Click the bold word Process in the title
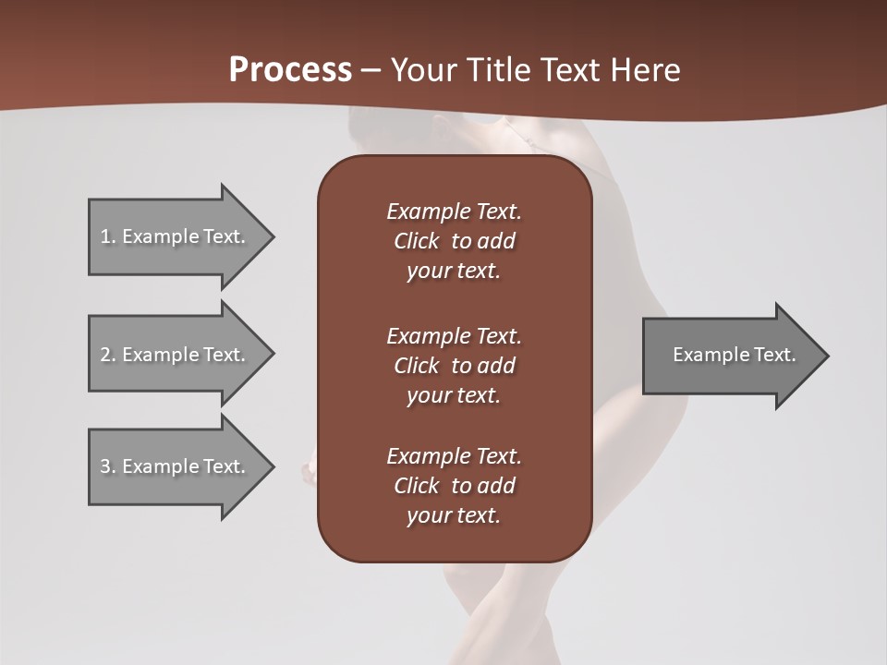(290, 70)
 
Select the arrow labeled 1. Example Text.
(180, 236)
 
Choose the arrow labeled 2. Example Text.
(180, 355)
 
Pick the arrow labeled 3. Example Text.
(180, 466)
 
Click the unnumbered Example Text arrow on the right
(735, 355)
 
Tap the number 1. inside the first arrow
(108, 236)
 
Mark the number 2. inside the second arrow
(108, 355)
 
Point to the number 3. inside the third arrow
(108, 466)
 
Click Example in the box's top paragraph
(428, 212)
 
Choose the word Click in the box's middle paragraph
(416, 366)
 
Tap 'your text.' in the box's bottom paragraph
(454, 515)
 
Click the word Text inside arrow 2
(223, 355)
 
